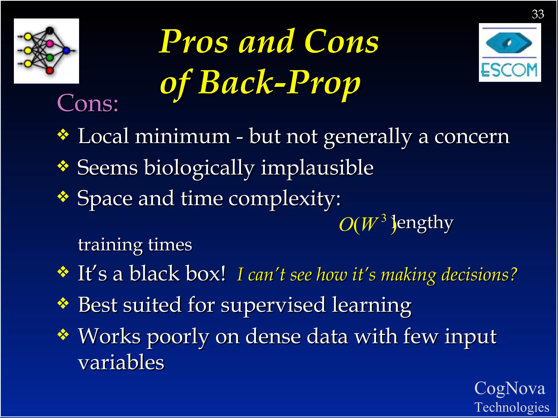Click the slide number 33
pos(538,14)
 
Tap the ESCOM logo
pos(510,53)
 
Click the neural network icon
pos(46,51)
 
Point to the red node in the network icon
pos(50,71)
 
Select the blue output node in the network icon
pos(66,50)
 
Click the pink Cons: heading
pos(88,103)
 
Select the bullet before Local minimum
pos(63,135)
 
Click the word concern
pos(472,137)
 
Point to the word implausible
pos(317,168)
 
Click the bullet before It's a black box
pos(63,272)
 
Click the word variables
pos(121,362)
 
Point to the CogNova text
pos(510,388)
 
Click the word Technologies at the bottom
pos(512,407)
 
